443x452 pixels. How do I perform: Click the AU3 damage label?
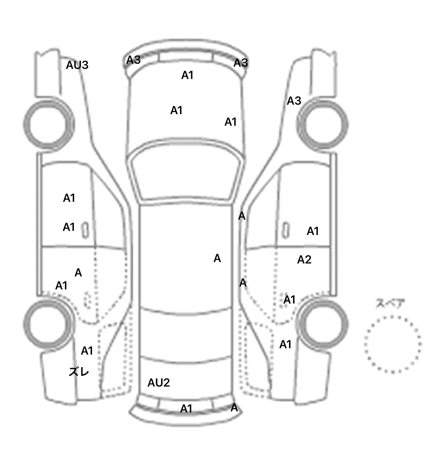pyautogui.click(x=77, y=65)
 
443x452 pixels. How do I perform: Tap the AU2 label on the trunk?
pyautogui.click(x=159, y=383)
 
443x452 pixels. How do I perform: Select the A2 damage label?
pyautogui.click(x=304, y=260)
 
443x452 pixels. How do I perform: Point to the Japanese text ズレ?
pyautogui.click(x=79, y=372)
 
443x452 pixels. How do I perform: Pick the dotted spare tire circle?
pyautogui.click(x=393, y=344)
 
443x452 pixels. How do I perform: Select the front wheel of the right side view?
pyautogui.click(x=322, y=125)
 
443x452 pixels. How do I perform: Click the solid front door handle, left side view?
pyautogui.click(x=85, y=230)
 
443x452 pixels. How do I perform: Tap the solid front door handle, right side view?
pyautogui.click(x=286, y=230)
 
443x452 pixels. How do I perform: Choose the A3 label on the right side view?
pyautogui.click(x=294, y=101)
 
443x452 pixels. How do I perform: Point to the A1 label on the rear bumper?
pyautogui.click(x=186, y=408)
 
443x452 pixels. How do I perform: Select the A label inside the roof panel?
pyautogui.click(x=217, y=258)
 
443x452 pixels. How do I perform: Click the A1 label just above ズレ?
pyautogui.click(x=87, y=351)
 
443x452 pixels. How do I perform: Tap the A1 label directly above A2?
pyautogui.click(x=313, y=231)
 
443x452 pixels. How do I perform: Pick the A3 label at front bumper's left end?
pyautogui.click(x=133, y=60)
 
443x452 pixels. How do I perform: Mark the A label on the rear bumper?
pyautogui.click(x=234, y=408)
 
